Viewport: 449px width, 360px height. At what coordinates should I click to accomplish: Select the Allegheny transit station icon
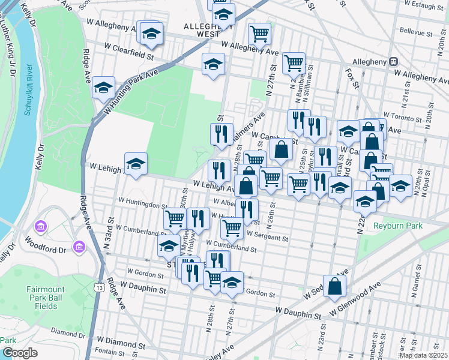[394, 61]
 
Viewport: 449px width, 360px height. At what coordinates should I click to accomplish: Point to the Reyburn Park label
[397, 226]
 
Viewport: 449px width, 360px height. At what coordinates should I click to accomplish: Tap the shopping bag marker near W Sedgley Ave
[334, 285]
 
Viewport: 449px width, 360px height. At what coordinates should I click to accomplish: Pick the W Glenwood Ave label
[356, 301]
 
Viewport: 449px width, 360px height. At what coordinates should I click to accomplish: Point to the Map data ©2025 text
[423, 355]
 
